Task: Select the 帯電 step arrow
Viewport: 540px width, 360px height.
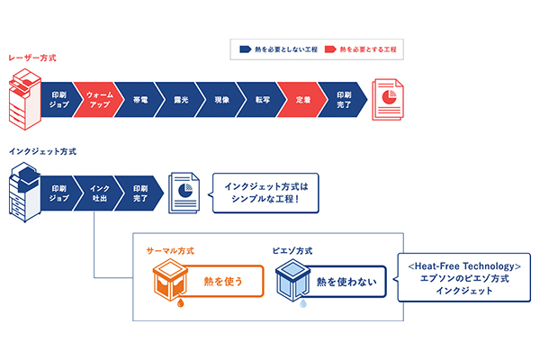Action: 139,99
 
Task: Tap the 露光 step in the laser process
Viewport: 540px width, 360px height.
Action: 179,99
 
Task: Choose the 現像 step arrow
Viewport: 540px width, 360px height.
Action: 220,99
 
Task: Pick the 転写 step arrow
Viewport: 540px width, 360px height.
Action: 261,99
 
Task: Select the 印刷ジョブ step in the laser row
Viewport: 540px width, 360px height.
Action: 58,99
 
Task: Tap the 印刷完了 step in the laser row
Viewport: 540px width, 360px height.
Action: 345,99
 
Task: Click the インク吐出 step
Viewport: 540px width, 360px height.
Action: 99,193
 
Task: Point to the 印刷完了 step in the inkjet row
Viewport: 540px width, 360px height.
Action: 139,193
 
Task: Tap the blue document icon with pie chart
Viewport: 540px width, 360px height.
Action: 184,193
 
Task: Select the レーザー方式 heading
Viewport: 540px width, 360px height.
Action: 32,58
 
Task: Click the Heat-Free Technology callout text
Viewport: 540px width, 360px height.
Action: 464,278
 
